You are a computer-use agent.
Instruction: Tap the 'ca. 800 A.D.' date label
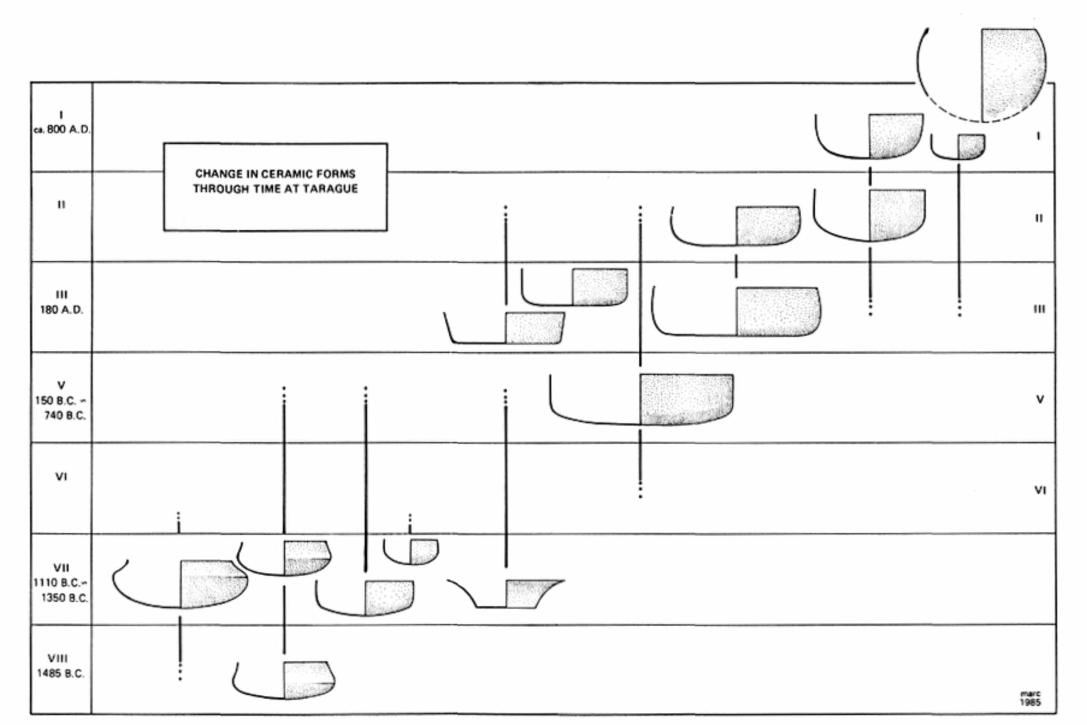click(x=62, y=130)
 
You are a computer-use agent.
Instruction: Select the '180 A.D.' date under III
click(x=62, y=310)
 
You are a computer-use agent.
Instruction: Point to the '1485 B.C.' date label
click(x=61, y=673)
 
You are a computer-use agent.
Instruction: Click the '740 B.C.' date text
click(x=65, y=415)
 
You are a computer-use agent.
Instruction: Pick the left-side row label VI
click(x=61, y=477)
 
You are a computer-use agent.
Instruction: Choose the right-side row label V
click(x=1040, y=399)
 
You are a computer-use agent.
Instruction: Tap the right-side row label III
click(x=1039, y=309)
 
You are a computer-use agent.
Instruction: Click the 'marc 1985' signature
click(x=1030, y=698)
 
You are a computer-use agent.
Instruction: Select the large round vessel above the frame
click(x=982, y=75)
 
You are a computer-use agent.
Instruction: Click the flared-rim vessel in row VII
click(x=506, y=593)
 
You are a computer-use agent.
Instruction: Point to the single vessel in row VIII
click(x=284, y=680)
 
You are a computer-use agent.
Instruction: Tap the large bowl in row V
click(x=641, y=399)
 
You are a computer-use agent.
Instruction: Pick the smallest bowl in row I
click(x=958, y=147)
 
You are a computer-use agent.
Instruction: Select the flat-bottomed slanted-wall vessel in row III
click(x=505, y=328)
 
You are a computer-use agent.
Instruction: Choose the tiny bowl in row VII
click(x=411, y=552)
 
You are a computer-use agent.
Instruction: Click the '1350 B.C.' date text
click(x=65, y=598)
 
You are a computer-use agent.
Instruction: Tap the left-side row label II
click(x=62, y=204)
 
